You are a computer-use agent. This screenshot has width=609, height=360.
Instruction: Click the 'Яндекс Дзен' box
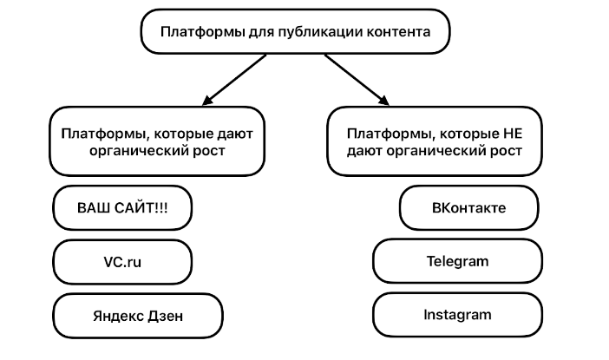139,314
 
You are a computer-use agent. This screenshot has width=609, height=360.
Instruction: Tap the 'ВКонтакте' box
468,208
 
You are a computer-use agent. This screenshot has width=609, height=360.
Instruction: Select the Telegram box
457,261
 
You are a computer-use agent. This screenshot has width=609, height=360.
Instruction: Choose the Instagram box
457,314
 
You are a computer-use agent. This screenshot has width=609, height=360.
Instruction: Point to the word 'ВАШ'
94,208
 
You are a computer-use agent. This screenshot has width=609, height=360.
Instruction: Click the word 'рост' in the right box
505,151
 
